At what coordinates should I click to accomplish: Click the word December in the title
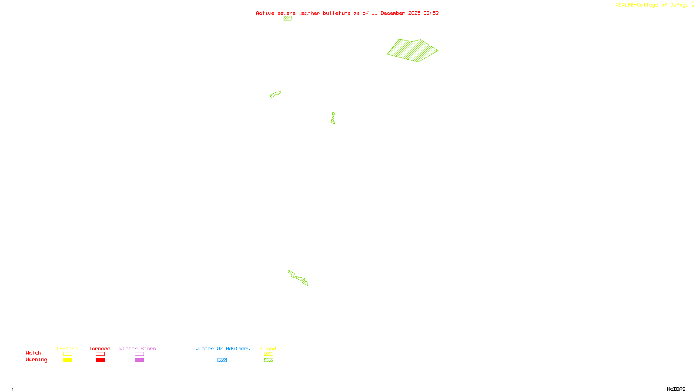(x=393, y=13)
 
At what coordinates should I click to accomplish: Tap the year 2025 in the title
(x=414, y=13)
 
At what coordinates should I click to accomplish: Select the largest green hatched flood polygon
(x=412, y=51)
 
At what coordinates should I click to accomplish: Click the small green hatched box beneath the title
(x=288, y=18)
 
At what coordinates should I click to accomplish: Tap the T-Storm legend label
(x=67, y=348)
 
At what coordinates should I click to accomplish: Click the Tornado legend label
(x=100, y=348)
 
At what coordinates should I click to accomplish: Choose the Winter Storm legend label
(x=137, y=348)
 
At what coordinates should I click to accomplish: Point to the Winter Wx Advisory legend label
(x=223, y=348)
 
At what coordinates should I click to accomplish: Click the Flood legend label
(x=268, y=348)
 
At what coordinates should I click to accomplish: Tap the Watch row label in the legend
(x=33, y=353)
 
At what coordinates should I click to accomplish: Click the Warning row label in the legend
(x=37, y=360)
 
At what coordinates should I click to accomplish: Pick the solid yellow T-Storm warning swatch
(x=67, y=360)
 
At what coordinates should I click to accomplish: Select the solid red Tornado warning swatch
(x=100, y=360)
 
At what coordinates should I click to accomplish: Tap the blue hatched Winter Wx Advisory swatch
(x=222, y=360)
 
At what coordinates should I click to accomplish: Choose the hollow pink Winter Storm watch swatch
(x=139, y=354)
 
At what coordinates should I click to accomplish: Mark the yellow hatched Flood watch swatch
(x=268, y=354)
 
